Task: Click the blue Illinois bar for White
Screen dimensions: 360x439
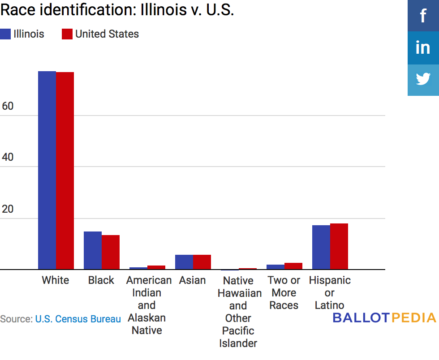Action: click(47, 170)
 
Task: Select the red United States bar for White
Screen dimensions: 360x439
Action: click(65, 171)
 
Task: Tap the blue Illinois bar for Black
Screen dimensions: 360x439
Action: click(93, 250)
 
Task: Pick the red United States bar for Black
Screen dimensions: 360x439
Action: click(111, 252)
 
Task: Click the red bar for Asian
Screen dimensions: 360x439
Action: click(202, 262)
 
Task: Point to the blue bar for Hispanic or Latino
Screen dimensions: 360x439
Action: click(321, 247)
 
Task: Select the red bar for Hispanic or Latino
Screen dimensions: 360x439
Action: click(339, 246)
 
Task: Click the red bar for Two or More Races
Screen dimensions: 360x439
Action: click(293, 266)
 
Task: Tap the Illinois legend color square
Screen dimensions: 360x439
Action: click(5, 34)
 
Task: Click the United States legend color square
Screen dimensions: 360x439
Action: click(67, 34)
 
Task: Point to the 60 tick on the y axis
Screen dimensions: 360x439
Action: click(8, 106)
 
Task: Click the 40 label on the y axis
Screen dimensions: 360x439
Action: click(8, 158)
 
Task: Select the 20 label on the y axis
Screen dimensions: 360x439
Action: click(8, 209)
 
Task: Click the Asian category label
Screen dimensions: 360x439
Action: click(193, 280)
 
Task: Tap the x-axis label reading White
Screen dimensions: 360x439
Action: click(56, 280)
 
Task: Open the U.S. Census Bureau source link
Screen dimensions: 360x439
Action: click(78, 319)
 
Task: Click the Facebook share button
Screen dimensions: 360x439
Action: click(423, 16)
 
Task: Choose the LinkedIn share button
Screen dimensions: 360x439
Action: click(423, 47)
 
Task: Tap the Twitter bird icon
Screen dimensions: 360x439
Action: click(423, 80)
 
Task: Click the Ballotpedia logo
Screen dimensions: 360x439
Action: click(384, 318)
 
